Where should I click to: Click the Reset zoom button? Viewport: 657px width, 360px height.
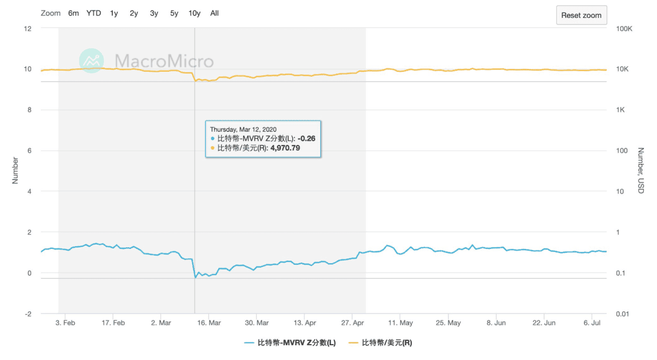pos(581,15)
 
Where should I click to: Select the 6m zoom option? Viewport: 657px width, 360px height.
pos(73,13)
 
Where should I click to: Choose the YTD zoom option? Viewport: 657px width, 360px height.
pos(94,13)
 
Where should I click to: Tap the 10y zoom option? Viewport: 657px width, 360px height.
pos(194,13)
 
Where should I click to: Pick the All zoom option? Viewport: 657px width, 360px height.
pos(214,13)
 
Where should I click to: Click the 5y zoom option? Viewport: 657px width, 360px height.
pos(174,13)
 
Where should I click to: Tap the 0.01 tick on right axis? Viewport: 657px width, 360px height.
pos(625,313)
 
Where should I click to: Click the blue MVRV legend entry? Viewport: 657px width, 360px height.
pos(290,343)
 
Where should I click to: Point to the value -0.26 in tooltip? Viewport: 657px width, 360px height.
pos(306,138)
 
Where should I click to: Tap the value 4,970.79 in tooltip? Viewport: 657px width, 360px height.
pos(285,148)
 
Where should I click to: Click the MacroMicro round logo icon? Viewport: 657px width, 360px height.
pos(92,60)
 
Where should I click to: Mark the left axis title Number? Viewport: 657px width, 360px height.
pos(15,171)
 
